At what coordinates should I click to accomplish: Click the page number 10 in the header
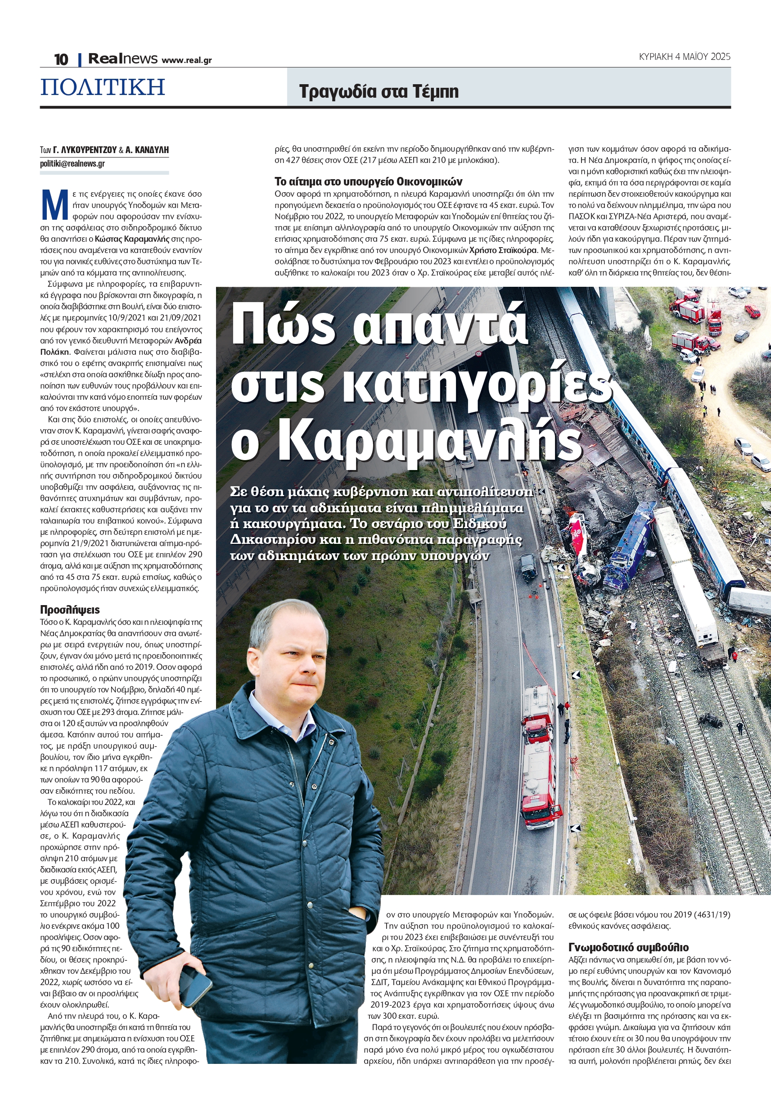(61, 59)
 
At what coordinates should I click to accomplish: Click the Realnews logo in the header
(123, 59)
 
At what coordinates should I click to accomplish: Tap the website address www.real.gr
(186, 60)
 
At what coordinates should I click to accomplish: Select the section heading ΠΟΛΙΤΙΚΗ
(103, 87)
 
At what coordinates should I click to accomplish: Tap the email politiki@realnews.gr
(72, 164)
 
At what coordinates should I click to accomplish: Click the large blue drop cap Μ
(54, 205)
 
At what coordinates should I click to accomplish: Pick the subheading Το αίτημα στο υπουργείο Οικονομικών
(368, 181)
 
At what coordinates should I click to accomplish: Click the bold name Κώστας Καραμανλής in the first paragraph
(132, 239)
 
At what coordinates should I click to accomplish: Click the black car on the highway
(528, 567)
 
